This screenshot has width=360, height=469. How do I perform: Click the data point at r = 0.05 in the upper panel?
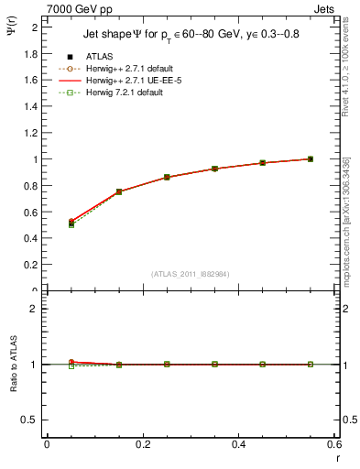71,223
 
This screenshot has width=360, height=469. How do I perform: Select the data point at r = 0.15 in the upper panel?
119,191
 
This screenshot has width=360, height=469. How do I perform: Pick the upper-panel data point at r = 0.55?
311,158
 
